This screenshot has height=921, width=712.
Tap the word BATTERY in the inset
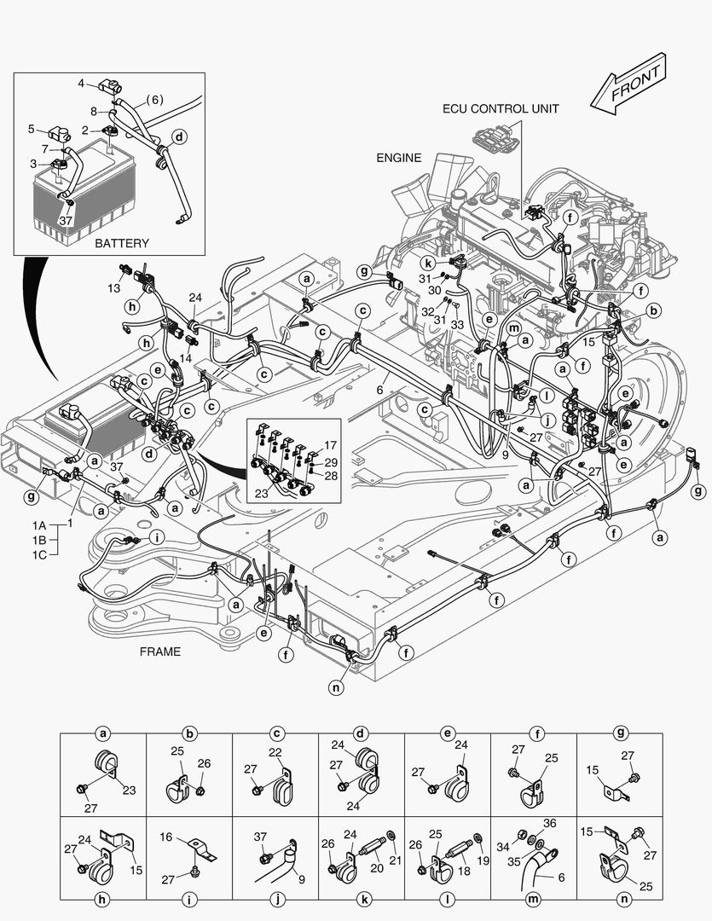click(122, 243)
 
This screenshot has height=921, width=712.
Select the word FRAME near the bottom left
click(160, 652)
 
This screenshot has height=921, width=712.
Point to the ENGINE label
click(399, 158)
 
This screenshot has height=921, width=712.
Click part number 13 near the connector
click(114, 288)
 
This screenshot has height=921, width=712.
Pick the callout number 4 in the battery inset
click(81, 84)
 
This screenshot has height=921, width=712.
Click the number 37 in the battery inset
click(67, 220)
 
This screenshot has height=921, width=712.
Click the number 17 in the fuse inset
click(330, 445)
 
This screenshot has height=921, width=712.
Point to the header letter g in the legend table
click(621, 733)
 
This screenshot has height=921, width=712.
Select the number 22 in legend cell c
click(275, 751)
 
